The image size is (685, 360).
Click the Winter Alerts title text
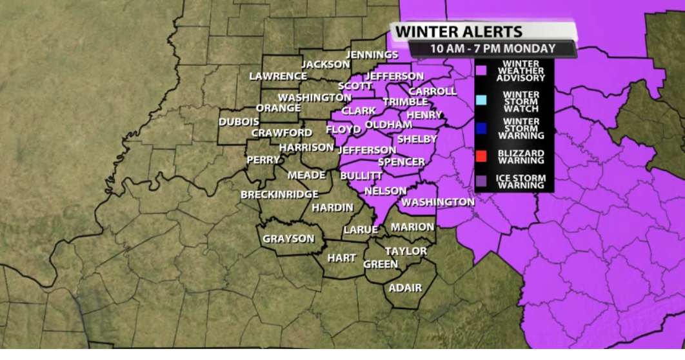tap(459, 31)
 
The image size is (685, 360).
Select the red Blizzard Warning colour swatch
tap(481, 155)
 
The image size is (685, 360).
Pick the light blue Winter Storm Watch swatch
tap(481, 99)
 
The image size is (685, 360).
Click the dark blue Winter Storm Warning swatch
tap(481, 128)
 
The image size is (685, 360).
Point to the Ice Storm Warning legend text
tap(521, 181)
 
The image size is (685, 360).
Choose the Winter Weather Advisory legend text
tap(521, 70)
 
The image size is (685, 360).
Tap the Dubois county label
tap(239, 121)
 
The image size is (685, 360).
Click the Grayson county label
tap(288, 239)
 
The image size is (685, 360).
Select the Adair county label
tap(405, 288)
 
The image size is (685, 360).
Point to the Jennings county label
tap(372, 55)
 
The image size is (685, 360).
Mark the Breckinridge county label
tap(279, 194)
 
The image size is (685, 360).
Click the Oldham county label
tap(388, 125)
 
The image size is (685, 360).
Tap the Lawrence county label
tap(278, 75)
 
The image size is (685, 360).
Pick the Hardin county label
tap(332, 208)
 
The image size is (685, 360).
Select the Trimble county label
tap(405, 102)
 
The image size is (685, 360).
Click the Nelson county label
tap(385, 191)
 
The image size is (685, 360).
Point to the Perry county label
tap(263, 159)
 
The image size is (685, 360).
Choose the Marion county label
tap(412, 227)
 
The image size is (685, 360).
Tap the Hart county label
tap(341, 258)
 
